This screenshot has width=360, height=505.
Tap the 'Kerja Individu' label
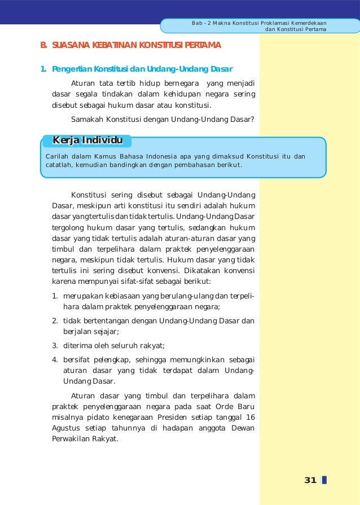pyautogui.click(x=87, y=140)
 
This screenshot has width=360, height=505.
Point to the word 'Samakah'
pyautogui.click(x=86, y=118)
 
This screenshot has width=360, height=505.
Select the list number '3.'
pyautogui.click(x=55, y=346)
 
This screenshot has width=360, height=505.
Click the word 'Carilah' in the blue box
pyautogui.click(x=58, y=155)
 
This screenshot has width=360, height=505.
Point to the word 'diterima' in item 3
pyautogui.click(x=77, y=346)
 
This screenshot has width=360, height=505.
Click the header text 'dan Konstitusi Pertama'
pyautogui.click(x=296, y=29)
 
